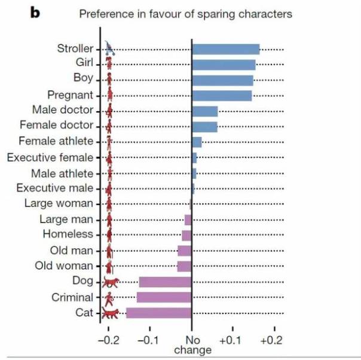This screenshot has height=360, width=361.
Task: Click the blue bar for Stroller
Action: (225, 49)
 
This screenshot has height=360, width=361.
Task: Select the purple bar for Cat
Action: (158, 313)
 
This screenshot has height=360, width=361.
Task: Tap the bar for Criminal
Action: (164, 297)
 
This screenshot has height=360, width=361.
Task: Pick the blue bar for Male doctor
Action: (204, 111)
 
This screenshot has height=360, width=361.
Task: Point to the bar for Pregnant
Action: (222, 95)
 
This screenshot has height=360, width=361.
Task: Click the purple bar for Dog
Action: (165, 282)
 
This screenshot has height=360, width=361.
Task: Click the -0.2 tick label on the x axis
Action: (108, 338)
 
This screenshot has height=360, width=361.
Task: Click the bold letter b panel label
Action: (35, 13)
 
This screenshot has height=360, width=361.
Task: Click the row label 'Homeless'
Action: (68, 234)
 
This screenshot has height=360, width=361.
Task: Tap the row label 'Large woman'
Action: (59, 203)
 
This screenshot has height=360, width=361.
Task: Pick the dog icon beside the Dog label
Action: (111, 282)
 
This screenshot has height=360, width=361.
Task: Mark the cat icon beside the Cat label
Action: (110, 313)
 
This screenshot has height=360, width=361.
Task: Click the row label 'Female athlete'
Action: (56, 141)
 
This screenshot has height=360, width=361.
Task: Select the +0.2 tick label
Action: (274, 338)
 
